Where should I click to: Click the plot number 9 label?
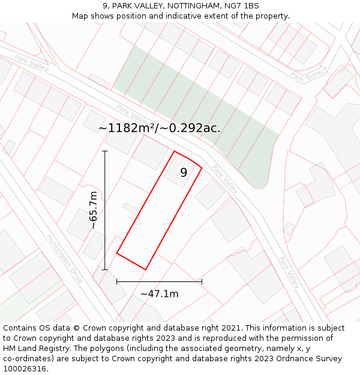(x=184, y=173)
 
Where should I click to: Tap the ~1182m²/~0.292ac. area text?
(x=160, y=128)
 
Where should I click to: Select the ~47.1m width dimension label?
(x=159, y=294)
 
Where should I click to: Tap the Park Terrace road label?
(x=309, y=73)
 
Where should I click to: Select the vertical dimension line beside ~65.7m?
(x=105, y=210)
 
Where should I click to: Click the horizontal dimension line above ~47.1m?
(x=159, y=281)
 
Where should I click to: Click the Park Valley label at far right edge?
(x=289, y=272)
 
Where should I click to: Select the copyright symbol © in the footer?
(x=76, y=328)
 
